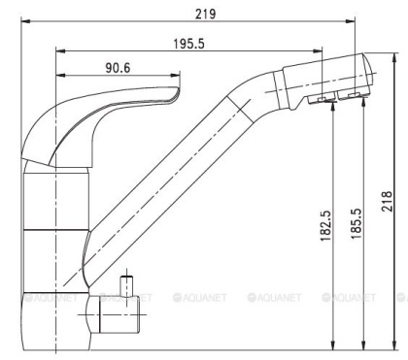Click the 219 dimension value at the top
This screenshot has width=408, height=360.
[x=204, y=15]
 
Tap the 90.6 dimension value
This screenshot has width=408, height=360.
[x=117, y=67]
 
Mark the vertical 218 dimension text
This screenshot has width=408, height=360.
[x=387, y=200]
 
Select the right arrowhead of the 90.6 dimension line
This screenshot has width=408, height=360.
[x=175, y=76]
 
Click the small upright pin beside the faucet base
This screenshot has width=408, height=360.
[x=124, y=286]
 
